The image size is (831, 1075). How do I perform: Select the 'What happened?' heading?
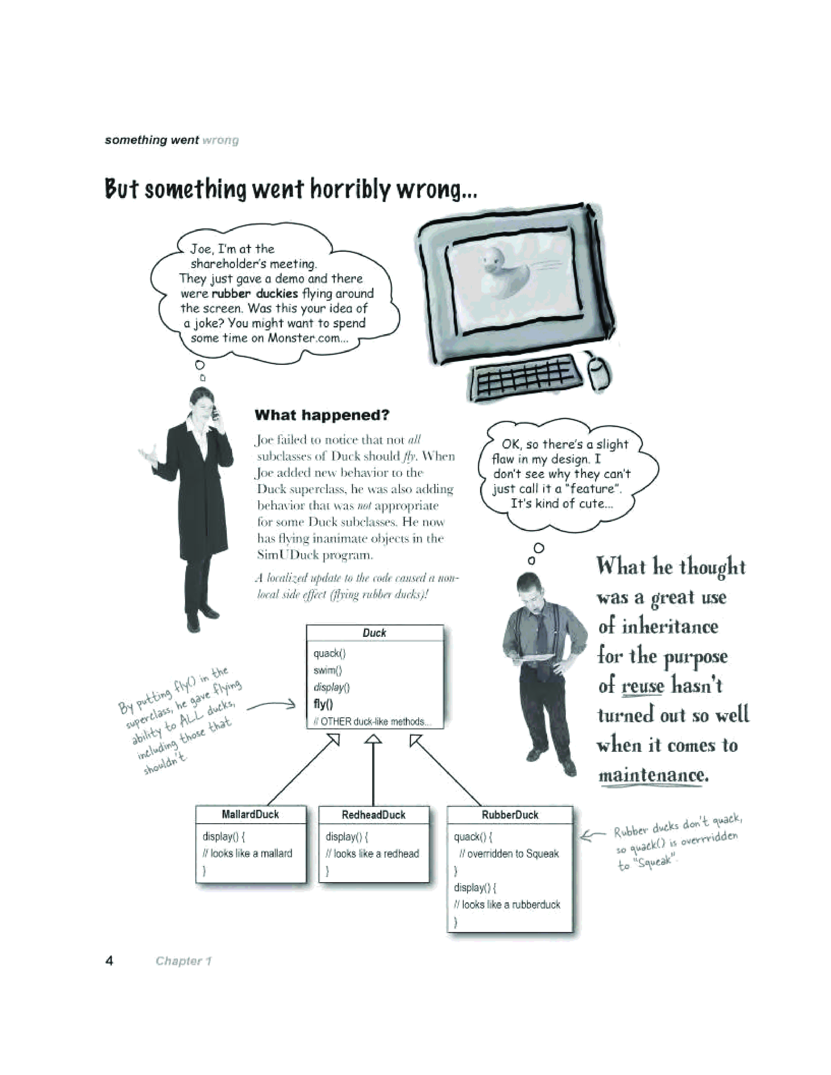(x=322, y=415)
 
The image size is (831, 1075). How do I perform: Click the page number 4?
(x=109, y=960)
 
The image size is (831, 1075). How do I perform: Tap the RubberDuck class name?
(x=510, y=815)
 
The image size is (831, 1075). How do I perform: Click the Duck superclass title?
(x=374, y=633)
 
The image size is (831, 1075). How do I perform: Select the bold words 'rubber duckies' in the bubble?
(x=255, y=294)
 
